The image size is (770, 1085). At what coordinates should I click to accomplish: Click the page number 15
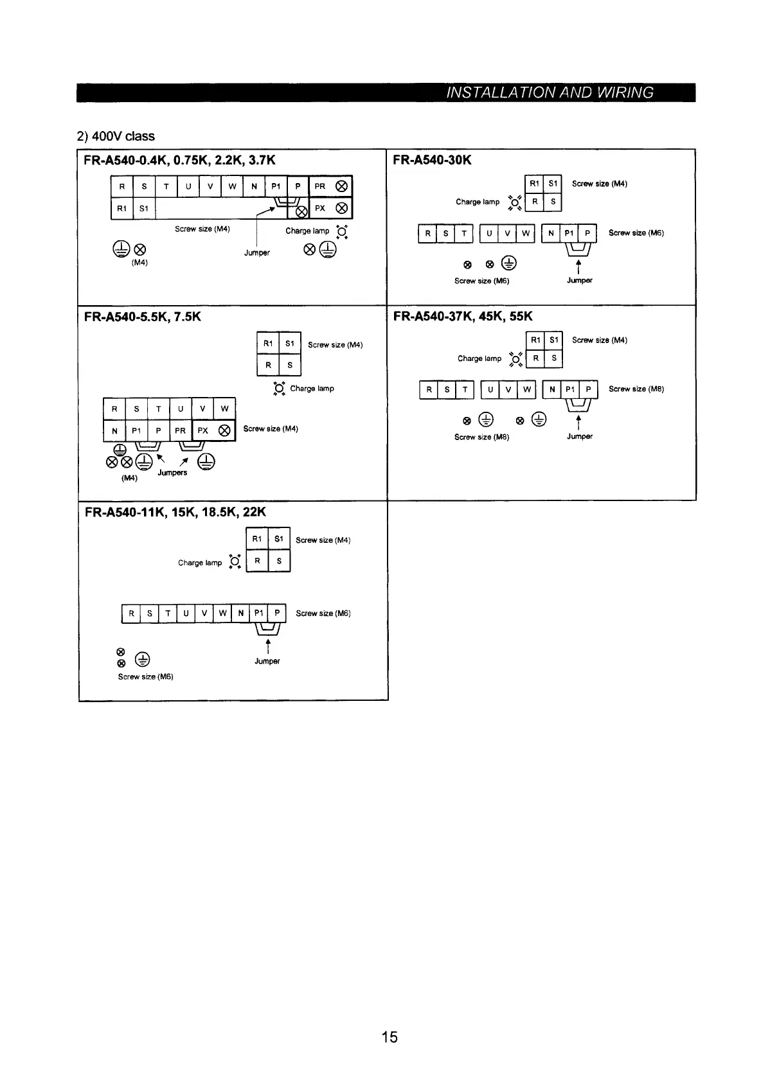tap(389, 1037)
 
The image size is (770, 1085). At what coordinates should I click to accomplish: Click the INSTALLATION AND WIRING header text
tap(550, 93)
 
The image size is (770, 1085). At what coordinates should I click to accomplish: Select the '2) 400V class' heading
tap(116, 136)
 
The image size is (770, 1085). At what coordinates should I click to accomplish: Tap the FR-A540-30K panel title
tap(432, 159)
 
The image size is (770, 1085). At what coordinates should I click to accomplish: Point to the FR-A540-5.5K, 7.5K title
tap(143, 316)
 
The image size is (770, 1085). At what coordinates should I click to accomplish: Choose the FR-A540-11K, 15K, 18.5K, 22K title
tap(175, 512)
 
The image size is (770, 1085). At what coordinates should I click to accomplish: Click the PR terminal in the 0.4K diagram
tap(320, 186)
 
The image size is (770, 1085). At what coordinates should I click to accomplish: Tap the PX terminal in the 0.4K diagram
tap(320, 208)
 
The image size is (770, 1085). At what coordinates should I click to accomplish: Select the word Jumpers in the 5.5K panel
tap(172, 473)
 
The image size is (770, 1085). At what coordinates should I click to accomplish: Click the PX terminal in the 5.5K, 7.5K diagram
tap(202, 430)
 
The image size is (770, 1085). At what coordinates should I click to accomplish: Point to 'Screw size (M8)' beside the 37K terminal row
tap(636, 389)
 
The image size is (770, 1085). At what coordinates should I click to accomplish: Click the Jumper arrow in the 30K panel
tap(579, 265)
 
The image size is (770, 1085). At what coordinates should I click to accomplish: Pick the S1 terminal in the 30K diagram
tap(553, 184)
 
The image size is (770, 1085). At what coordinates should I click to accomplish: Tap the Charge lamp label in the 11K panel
tap(200, 563)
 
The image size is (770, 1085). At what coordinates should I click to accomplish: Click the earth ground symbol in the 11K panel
tap(143, 660)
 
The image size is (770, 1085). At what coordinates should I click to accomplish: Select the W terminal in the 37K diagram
tap(526, 390)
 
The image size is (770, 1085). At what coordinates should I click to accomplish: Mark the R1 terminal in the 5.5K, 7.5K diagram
tap(268, 344)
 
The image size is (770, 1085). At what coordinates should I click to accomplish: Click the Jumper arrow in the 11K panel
tap(267, 645)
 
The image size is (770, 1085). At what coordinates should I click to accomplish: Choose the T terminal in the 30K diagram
tap(463, 233)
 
